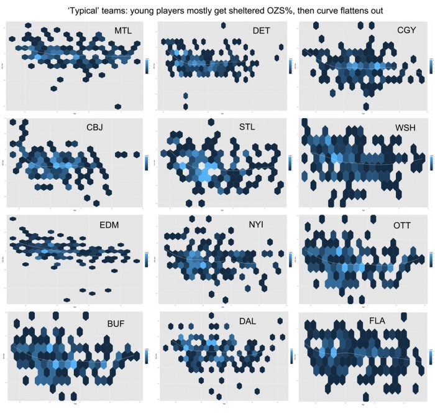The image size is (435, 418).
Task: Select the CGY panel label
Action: pos(410,30)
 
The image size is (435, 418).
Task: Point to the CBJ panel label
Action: pos(98,129)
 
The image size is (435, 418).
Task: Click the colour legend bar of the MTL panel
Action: pos(147,65)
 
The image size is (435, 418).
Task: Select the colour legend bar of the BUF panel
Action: pos(147,356)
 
